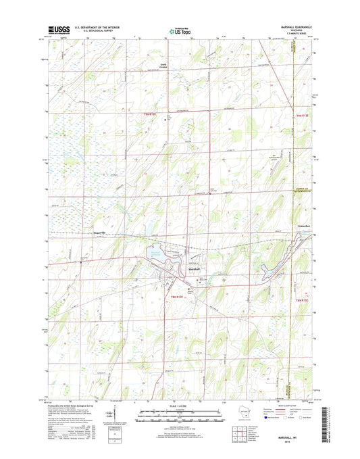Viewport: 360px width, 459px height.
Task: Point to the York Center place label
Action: point(161,66)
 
